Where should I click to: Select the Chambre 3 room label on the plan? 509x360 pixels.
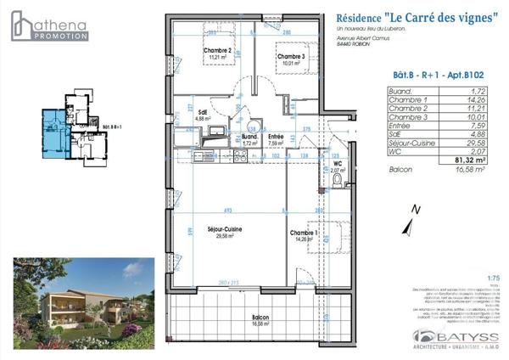pos(290,58)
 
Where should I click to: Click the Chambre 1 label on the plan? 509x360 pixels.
pos(304,235)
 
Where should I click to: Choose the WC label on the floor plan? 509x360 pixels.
pos(337,166)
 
